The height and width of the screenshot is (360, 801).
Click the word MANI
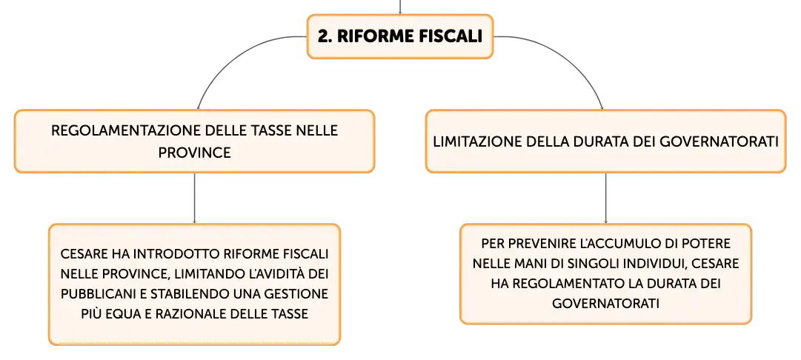pos(529,264)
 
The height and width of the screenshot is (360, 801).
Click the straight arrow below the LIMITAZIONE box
pos(606,198)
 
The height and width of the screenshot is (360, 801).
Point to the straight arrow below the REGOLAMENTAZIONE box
pos(195,198)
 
